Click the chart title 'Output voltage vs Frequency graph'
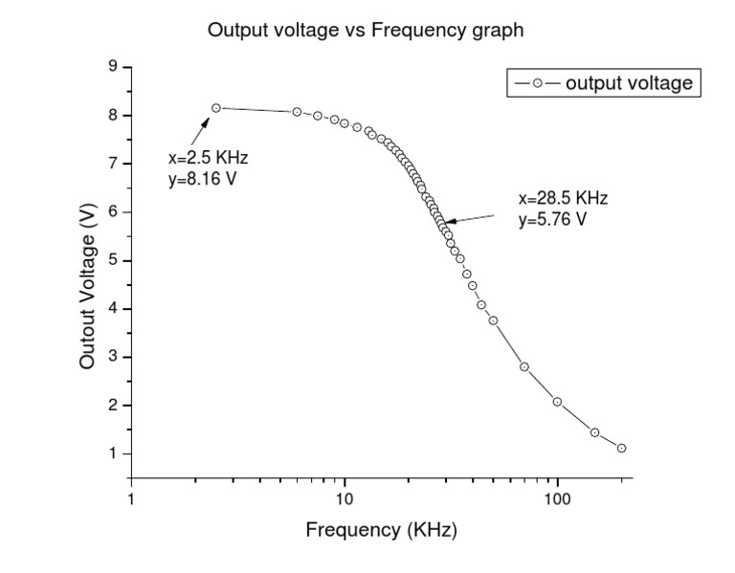[x=366, y=31]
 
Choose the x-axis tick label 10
[x=345, y=498]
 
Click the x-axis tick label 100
[x=557, y=498]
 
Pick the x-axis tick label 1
[x=131, y=498]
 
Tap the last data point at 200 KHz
[x=621, y=448]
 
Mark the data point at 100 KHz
[x=557, y=402]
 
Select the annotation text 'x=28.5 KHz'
[x=563, y=199]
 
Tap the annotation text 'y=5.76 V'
[x=552, y=219]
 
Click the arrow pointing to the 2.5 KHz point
[x=198, y=131]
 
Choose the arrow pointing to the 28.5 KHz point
[x=471, y=218]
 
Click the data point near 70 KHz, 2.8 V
[x=524, y=366]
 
